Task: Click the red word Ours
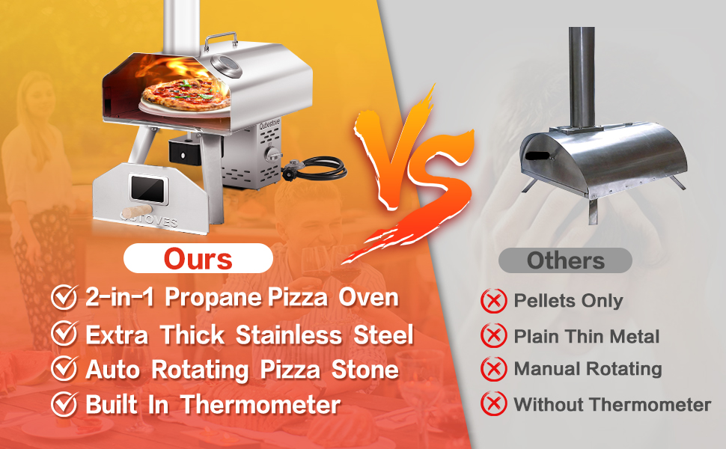click(198, 259)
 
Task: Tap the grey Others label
click(565, 260)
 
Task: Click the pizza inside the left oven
click(186, 94)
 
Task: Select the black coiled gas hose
click(315, 168)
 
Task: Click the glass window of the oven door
click(147, 189)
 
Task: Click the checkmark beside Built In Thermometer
click(64, 403)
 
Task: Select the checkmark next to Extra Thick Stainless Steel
click(64, 333)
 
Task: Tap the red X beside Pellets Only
click(493, 301)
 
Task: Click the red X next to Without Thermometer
click(493, 403)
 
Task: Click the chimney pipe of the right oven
click(582, 77)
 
